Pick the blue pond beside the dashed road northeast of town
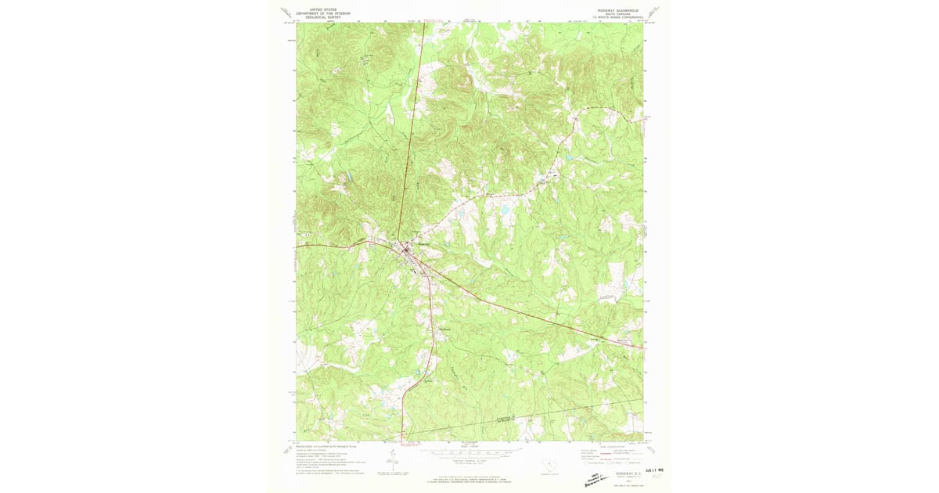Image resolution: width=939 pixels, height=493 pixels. [x=505, y=210]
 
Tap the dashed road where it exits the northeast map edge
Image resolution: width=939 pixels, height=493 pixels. [x=642, y=119]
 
